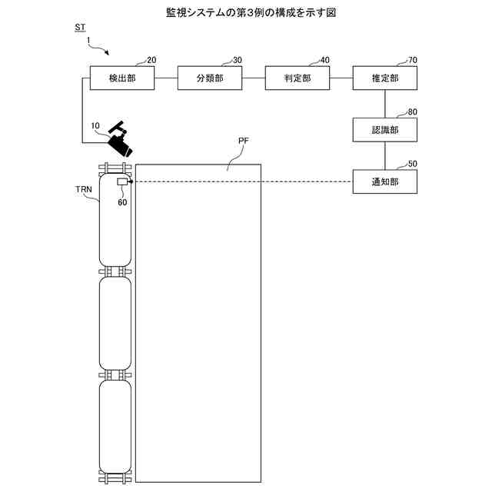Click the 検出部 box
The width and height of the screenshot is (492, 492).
coord(122,78)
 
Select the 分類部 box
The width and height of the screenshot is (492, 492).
coord(210,78)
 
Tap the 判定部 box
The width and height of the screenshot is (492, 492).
coord(298,78)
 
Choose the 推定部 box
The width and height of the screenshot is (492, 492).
coord(385,78)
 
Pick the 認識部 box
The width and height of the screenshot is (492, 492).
coord(385,129)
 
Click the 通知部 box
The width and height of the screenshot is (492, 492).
coord(385,181)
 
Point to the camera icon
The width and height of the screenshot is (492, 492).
coord(120,139)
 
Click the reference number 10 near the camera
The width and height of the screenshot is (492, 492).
coord(95,125)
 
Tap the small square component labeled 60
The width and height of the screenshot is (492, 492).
coord(121,181)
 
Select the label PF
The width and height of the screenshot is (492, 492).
coord(243,141)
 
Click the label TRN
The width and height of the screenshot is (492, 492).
coord(84,188)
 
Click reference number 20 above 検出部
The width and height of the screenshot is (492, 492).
coord(151,60)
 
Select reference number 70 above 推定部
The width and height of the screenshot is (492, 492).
coord(414,60)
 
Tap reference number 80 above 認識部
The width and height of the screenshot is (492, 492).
coord(414,111)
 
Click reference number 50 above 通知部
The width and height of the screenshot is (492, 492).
coord(414,163)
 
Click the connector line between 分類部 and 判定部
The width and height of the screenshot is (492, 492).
coord(253,78)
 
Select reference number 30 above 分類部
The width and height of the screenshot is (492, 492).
coord(238,60)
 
